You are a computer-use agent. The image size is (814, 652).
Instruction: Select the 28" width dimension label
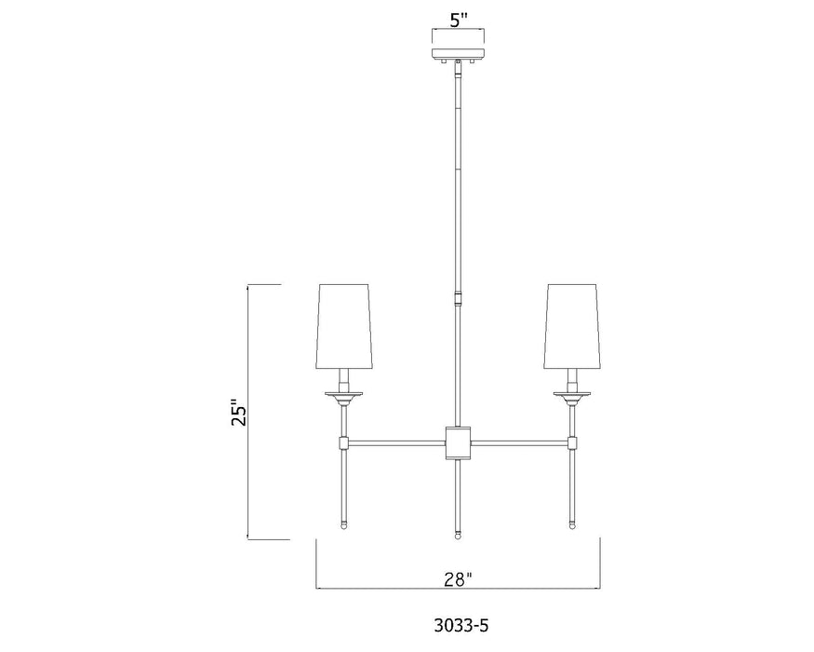point(457,579)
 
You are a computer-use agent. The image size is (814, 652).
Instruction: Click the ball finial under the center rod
point(457,535)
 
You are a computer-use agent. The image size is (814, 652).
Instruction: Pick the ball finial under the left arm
point(344,526)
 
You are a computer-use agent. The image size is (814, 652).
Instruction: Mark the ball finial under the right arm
point(571,526)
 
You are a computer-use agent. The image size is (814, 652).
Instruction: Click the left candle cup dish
point(344,396)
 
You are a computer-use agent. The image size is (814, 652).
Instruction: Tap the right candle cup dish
point(571,396)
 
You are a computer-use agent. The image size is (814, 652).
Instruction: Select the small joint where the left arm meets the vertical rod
point(344,440)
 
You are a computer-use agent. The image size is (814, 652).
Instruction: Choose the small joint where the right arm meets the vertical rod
point(571,440)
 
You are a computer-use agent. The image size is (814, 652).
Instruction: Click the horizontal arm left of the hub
point(395,440)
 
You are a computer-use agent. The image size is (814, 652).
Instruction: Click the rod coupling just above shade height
point(457,299)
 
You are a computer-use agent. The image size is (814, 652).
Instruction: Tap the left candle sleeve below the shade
point(344,378)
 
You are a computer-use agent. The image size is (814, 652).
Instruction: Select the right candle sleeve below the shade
point(571,378)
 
